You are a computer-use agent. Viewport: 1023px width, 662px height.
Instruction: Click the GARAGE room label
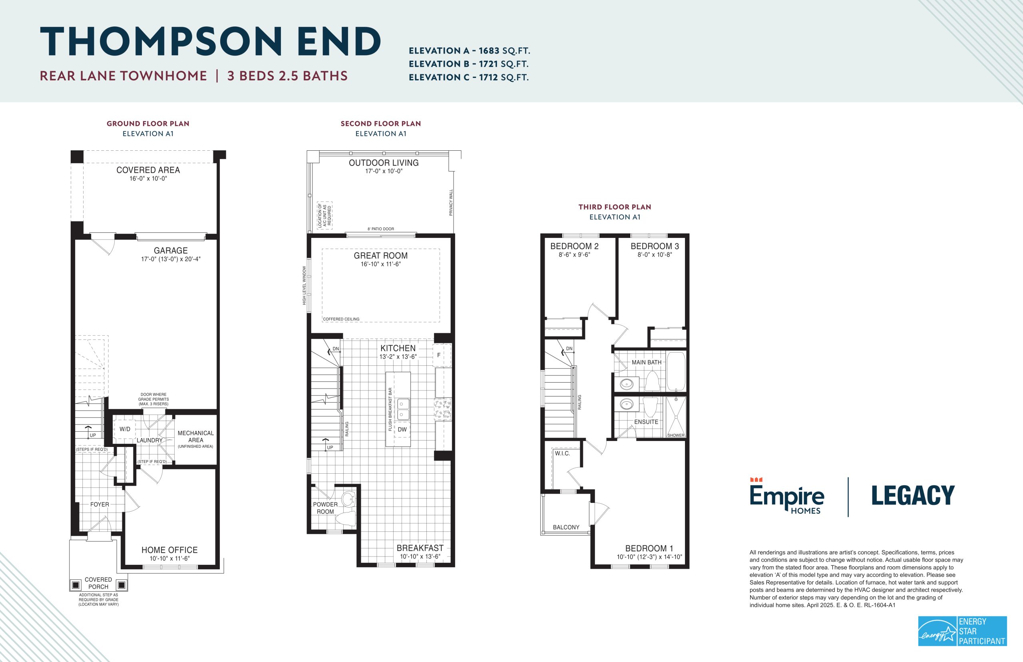[171, 251]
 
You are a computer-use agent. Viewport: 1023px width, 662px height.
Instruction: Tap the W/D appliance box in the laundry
[125, 429]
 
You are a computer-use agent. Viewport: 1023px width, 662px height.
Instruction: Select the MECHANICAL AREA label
[195, 436]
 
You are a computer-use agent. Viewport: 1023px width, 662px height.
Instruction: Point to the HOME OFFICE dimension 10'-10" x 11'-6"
[169, 558]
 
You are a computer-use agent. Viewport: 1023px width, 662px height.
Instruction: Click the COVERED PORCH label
[98, 583]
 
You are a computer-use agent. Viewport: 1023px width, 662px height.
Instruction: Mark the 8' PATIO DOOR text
[381, 229]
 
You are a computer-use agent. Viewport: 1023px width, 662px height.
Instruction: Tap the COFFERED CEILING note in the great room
[341, 319]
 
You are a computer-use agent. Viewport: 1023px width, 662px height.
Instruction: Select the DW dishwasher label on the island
[402, 429]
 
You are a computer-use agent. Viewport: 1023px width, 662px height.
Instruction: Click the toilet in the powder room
[346, 518]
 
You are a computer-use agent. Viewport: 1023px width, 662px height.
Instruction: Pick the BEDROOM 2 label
[575, 246]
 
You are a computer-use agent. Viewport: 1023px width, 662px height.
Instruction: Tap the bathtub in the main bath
[675, 371]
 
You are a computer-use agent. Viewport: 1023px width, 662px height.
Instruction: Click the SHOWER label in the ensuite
[676, 435]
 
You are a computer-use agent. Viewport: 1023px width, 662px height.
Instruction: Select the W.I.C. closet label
[562, 453]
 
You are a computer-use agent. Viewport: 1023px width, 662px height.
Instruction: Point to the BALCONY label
[566, 527]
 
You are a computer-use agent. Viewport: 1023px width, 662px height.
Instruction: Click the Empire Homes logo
[787, 496]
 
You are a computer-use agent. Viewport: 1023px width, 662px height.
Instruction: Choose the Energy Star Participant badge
[962, 631]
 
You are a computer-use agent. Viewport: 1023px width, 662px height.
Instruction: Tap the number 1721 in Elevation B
[488, 64]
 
